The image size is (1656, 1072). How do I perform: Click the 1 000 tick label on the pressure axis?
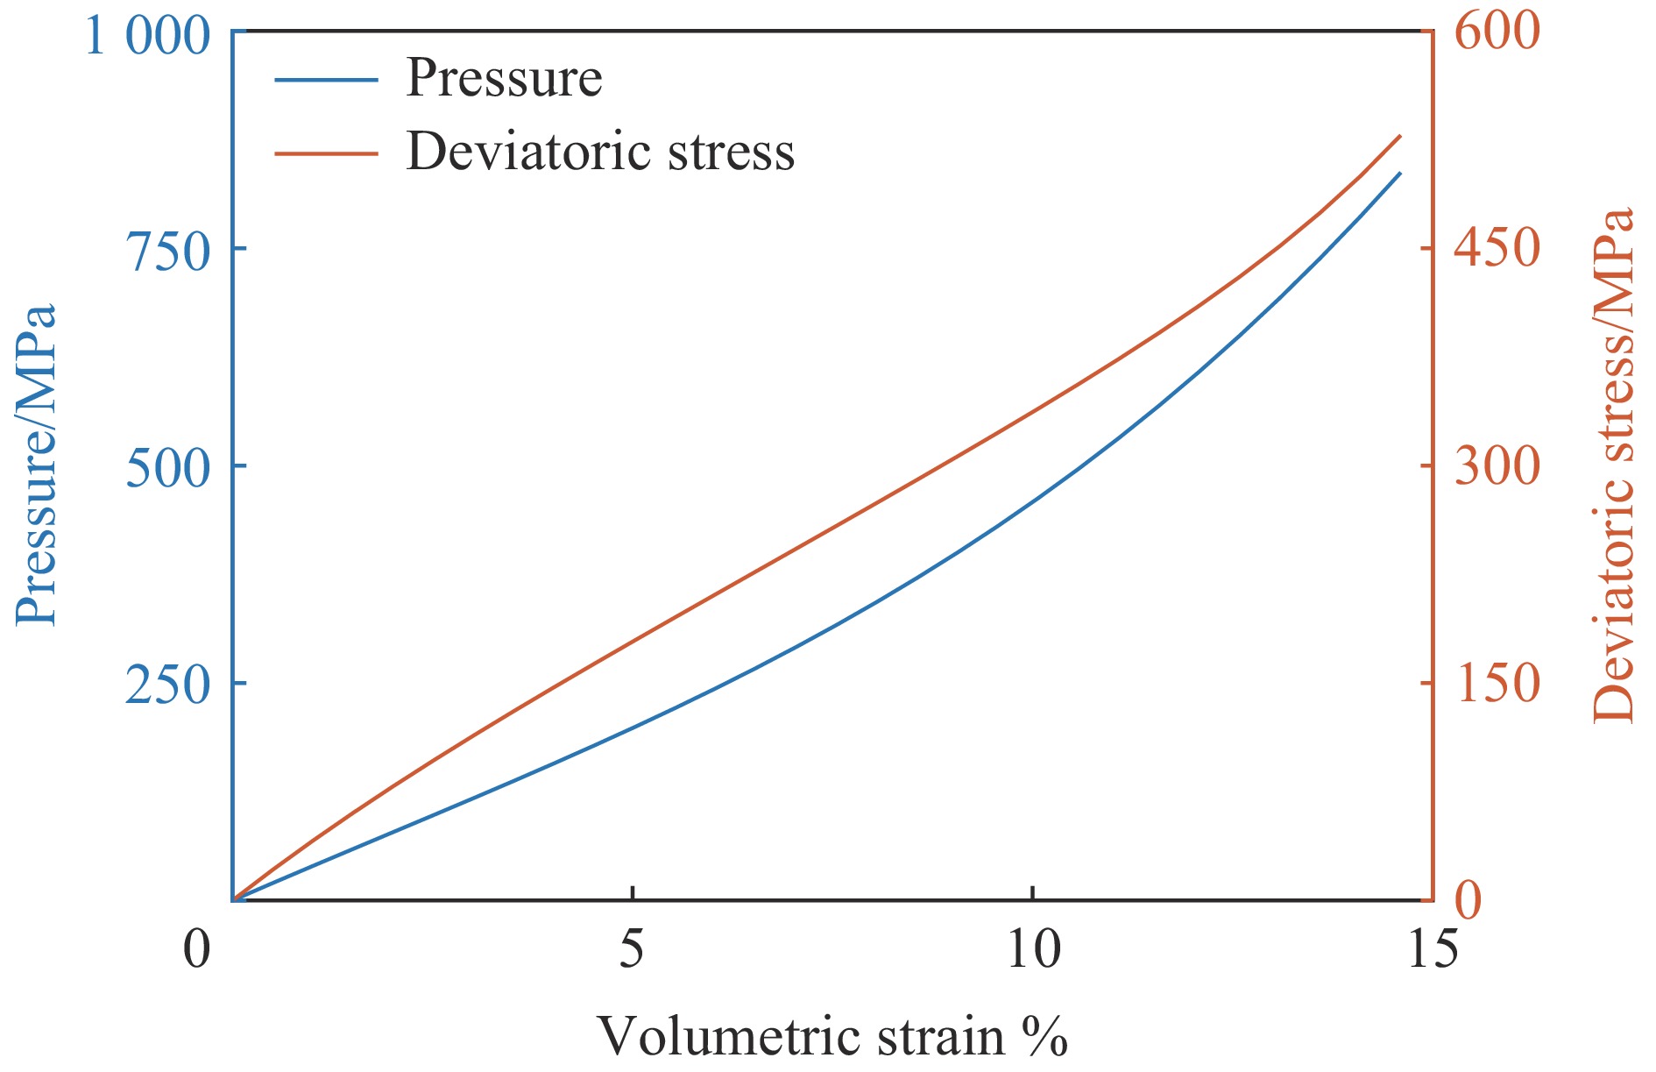coord(147,37)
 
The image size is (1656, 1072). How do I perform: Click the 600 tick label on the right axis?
coord(1497,32)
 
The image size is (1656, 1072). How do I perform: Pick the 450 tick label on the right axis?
coord(1497,248)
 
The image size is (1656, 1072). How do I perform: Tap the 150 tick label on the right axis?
coord(1497,683)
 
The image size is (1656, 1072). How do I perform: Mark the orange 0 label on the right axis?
coord(1468,900)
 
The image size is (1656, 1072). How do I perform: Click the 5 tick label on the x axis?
coord(632,949)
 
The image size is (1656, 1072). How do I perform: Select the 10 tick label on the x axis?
coord(1033,949)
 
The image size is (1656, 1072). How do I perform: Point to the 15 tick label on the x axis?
coord(1433,949)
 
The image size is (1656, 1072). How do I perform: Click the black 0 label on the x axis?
coord(197,949)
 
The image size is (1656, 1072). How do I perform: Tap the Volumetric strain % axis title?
coord(832,1038)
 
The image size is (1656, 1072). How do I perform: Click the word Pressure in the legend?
coord(504,79)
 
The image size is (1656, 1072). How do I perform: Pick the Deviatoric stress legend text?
coord(600,152)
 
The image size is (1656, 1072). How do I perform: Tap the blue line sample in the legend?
coord(326,80)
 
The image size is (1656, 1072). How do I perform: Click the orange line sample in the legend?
coord(326,153)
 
